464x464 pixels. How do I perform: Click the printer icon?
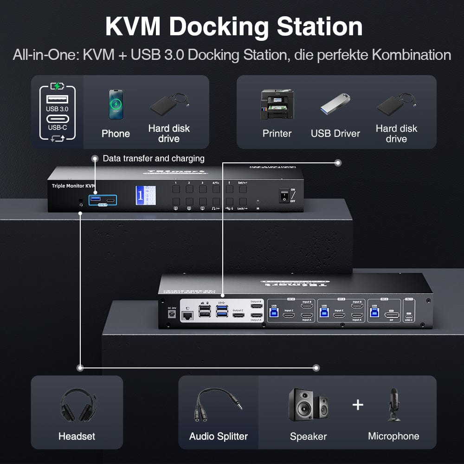click(x=277, y=104)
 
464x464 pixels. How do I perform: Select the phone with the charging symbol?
click(x=116, y=104)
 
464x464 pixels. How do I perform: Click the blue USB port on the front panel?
click(x=96, y=200)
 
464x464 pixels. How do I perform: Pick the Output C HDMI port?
click(x=239, y=316)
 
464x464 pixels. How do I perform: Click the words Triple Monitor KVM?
click(x=73, y=186)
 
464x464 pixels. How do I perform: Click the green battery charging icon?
click(x=57, y=86)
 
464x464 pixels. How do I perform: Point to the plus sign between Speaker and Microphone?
click(x=358, y=405)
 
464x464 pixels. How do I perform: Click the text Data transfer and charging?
click(x=154, y=158)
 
